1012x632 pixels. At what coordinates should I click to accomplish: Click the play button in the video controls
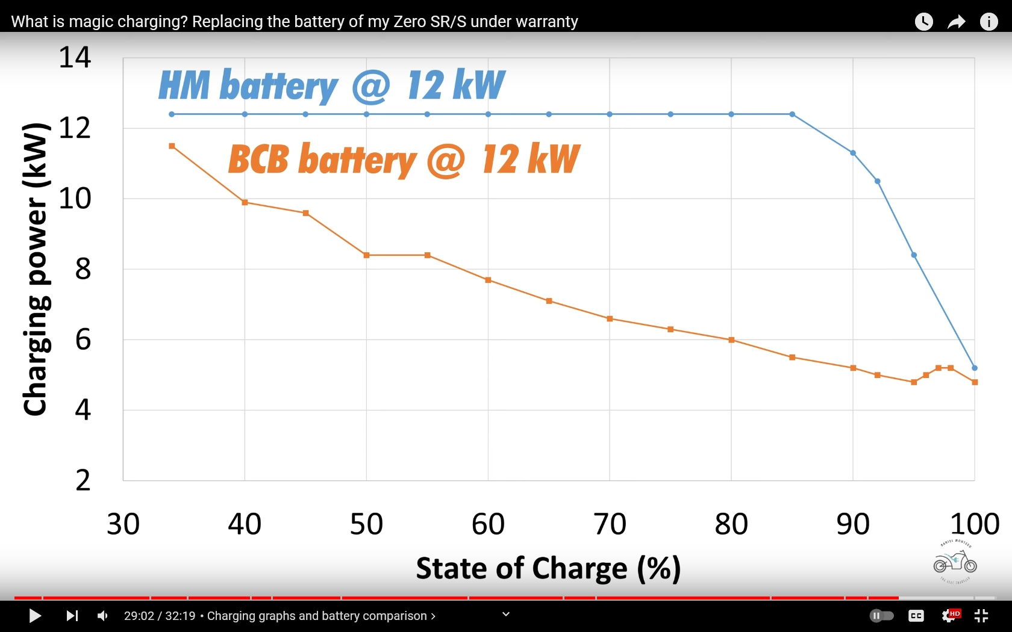35,616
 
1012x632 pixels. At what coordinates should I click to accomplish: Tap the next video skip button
72,616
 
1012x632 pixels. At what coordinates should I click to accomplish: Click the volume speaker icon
103,616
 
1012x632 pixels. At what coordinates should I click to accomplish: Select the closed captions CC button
916,616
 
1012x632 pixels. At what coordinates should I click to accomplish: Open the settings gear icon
949,616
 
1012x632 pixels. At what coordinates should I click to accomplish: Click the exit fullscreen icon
981,616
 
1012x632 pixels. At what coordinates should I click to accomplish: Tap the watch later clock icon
923,22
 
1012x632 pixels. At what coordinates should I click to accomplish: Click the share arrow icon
956,22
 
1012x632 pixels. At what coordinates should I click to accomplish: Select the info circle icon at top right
989,22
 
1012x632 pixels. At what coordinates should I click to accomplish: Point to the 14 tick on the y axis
75,58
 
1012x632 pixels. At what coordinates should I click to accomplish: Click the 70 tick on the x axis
610,524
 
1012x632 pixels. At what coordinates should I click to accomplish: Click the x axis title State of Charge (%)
548,568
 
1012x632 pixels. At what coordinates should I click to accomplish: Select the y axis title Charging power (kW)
35,268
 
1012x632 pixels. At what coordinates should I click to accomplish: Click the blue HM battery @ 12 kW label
331,85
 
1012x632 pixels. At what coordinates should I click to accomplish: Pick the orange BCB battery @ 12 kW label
404,160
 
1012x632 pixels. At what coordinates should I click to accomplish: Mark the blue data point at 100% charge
975,368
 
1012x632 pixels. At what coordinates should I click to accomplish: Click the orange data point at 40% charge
245,202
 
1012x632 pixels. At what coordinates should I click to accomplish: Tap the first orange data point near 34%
172,146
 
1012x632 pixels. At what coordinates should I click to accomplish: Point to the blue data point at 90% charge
853,153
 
